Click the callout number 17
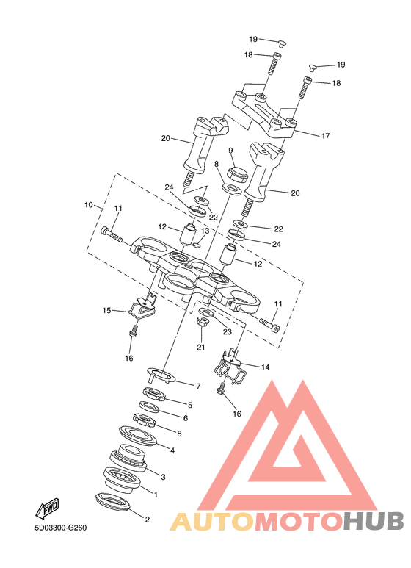325,136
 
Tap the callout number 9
230,151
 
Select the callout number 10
89,205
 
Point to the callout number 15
106,310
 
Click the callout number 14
265,367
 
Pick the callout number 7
198,387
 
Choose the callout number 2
147,520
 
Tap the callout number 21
201,347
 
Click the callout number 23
227,331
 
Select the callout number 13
205,231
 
